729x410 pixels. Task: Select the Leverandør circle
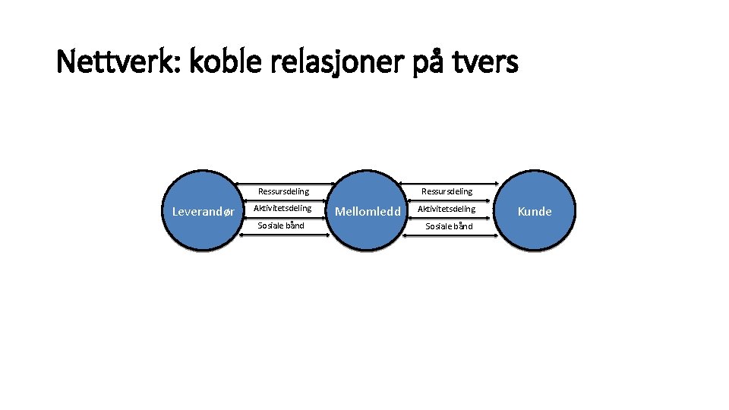(x=203, y=211)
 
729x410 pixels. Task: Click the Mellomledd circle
(x=368, y=211)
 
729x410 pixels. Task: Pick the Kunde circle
(x=535, y=211)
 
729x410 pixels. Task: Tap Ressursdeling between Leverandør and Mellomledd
(x=283, y=191)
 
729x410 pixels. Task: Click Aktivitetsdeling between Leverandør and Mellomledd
(x=282, y=208)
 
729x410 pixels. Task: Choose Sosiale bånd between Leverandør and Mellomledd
(x=281, y=225)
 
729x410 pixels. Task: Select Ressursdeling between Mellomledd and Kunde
(x=447, y=191)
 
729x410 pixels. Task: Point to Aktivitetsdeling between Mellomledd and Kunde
(x=447, y=209)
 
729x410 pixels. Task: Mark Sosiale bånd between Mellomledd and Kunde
(x=449, y=226)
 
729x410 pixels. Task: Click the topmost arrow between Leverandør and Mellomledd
(x=284, y=183)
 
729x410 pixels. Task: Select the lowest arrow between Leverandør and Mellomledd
(x=284, y=235)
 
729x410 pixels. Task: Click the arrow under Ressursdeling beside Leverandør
(x=284, y=200)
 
